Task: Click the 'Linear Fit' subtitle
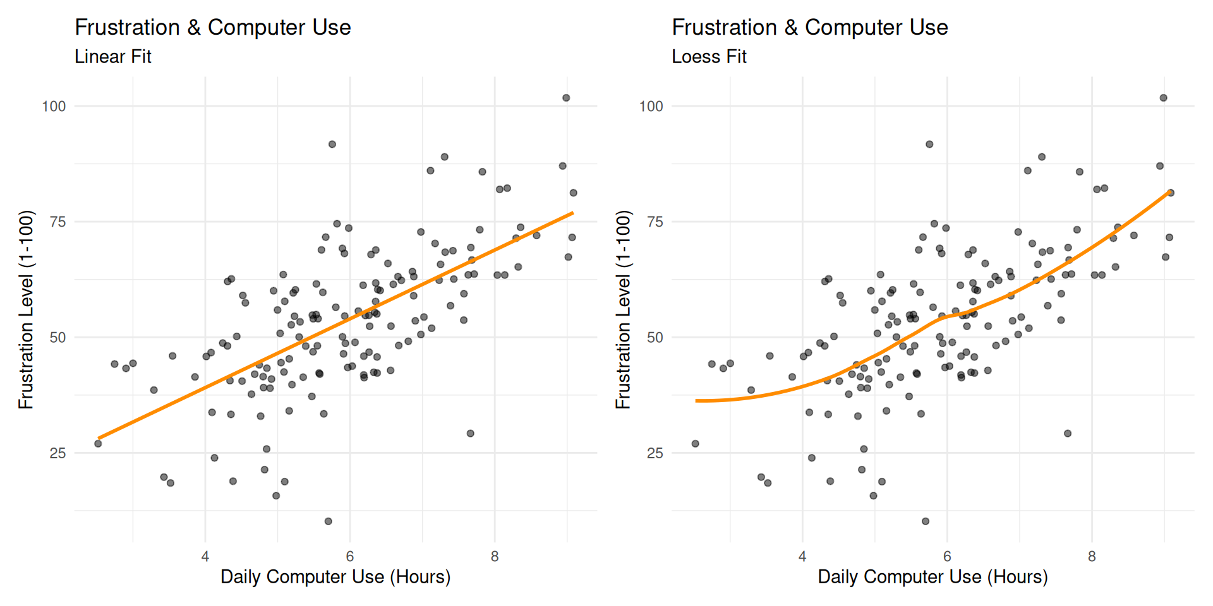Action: [113, 57]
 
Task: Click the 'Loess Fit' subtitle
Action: [709, 57]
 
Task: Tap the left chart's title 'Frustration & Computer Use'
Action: [213, 28]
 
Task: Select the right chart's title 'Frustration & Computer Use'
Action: [810, 28]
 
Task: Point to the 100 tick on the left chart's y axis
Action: [54, 106]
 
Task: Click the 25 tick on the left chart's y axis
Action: [57, 453]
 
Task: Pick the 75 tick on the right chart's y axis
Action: [655, 222]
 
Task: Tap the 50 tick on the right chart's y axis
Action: [655, 338]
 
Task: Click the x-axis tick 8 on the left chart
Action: [495, 557]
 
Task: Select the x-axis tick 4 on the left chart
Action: [205, 557]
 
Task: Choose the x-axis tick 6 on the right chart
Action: [947, 557]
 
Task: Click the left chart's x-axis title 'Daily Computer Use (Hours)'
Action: [335, 577]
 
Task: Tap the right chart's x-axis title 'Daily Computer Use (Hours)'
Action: [932, 577]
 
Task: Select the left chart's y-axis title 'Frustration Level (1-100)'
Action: [26, 309]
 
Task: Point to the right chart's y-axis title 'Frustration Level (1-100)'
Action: [624, 309]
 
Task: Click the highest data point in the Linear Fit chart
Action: [566, 98]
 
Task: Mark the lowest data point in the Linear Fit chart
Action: [329, 521]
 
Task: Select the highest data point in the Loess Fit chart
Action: [1164, 98]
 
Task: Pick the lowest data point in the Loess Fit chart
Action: [926, 521]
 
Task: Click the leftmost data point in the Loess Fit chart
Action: [696, 444]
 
